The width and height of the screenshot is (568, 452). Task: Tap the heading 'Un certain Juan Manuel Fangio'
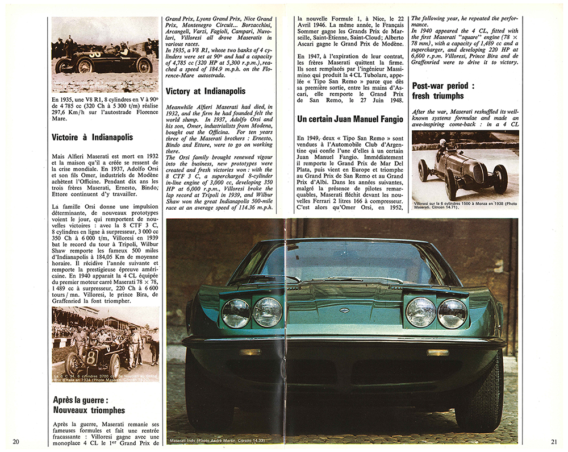(x=349, y=119)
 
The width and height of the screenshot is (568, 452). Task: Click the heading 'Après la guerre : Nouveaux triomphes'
(x=89, y=404)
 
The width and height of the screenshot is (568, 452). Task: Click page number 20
(x=16, y=441)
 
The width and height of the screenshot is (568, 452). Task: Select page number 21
(x=554, y=441)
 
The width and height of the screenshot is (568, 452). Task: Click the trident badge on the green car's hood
(x=344, y=309)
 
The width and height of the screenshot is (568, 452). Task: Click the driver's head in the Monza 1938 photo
(x=443, y=142)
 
